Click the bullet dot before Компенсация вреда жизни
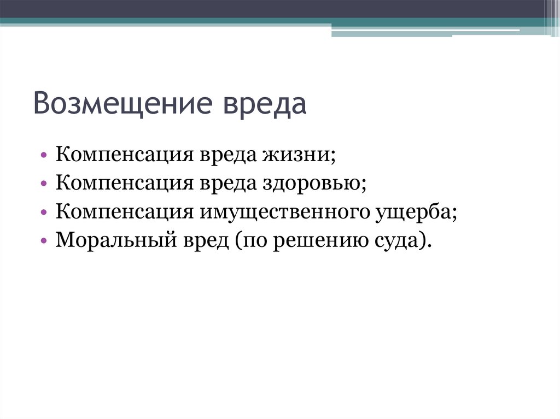click(x=44, y=156)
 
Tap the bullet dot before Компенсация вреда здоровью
click(x=44, y=184)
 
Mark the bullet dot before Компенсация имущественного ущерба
click(x=44, y=212)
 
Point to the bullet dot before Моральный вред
click(x=44, y=240)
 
